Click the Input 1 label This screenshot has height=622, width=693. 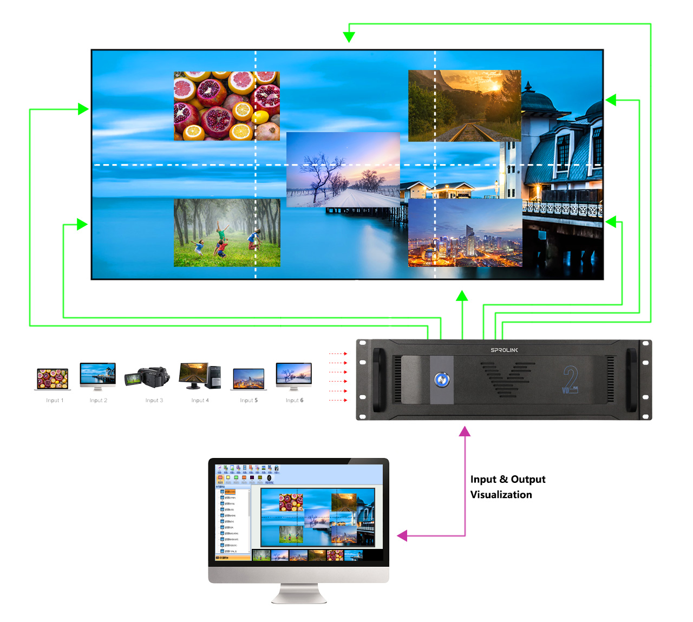(55, 401)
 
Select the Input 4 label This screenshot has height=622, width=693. (200, 401)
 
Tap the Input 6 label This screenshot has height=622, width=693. (295, 401)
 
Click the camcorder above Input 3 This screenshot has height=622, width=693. (147, 376)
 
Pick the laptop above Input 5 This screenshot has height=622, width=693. (249, 378)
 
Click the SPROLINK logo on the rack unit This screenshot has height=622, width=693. (504, 350)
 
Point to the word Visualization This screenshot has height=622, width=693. (501, 495)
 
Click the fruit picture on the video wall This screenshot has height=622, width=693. (227, 106)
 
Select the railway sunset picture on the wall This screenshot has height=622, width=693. (465, 106)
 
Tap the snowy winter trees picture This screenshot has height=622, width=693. (343, 169)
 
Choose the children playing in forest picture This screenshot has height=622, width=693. (227, 233)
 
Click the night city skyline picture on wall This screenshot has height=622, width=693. (465, 233)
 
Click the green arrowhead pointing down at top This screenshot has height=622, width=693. (349, 37)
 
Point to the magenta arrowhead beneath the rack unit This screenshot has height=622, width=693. (465, 431)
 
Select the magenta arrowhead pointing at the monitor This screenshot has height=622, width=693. (402, 536)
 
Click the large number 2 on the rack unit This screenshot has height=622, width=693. (570, 378)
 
